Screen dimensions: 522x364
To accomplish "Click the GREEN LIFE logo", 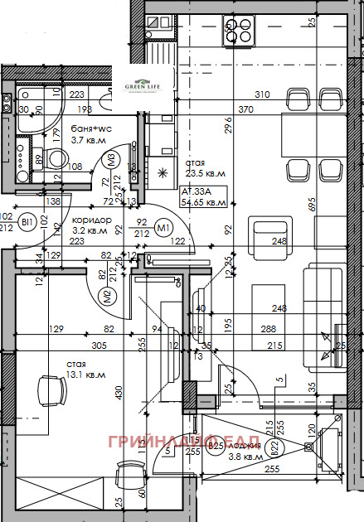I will [x=142, y=86].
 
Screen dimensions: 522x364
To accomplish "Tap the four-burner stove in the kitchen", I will [x=240, y=31].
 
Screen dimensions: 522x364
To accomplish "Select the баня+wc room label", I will [x=92, y=128].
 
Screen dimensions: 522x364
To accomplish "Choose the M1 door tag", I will [x=163, y=229].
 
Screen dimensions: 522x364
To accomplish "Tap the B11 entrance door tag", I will [x=27, y=222].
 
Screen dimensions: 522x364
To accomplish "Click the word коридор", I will [x=91, y=219].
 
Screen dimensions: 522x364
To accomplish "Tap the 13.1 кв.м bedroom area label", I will [x=87, y=375].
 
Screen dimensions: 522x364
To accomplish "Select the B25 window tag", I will [x=216, y=447].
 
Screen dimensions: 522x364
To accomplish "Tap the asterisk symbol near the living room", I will [x=162, y=172].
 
